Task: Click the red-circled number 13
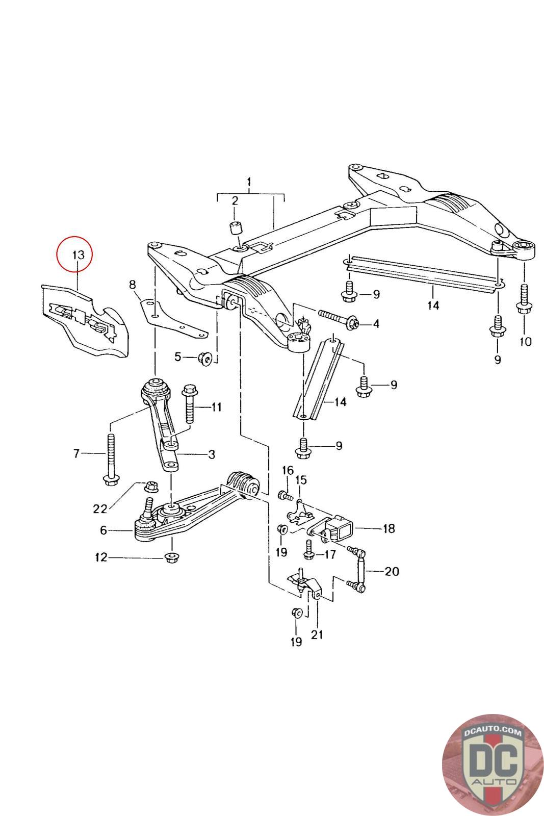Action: pyautogui.click(x=79, y=254)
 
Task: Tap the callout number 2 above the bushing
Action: pyautogui.click(x=235, y=200)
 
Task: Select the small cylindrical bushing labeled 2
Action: pyautogui.click(x=236, y=228)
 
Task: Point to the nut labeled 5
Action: pyautogui.click(x=204, y=358)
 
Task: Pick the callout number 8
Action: pyautogui.click(x=132, y=284)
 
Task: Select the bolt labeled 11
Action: pyautogui.click(x=190, y=404)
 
